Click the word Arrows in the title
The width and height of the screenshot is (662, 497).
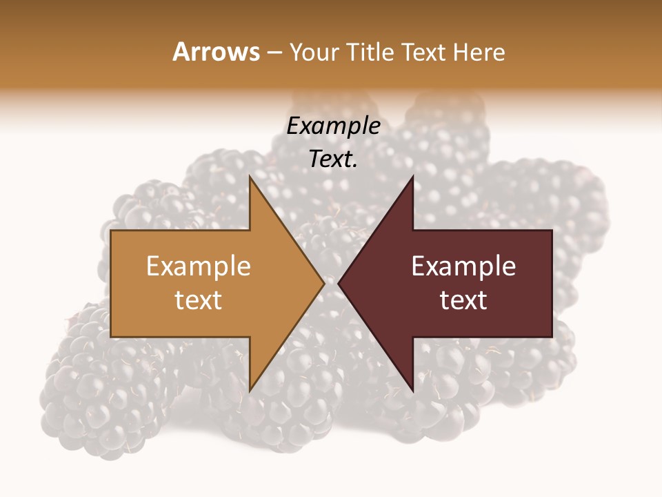[216, 52]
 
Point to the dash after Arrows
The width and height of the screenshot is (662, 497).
[274, 52]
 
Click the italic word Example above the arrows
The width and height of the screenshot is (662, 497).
[333, 126]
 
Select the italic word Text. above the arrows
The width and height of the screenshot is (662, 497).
[333, 159]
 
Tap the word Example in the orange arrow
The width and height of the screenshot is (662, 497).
[199, 266]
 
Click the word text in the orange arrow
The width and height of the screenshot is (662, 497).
[199, 300]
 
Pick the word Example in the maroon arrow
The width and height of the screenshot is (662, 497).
[463, 266]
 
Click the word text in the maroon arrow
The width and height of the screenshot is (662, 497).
[463, 300]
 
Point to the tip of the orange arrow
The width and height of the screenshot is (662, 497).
[323, 283]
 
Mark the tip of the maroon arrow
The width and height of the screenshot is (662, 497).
[339, 283]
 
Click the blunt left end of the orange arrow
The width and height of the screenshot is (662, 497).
[112, 283]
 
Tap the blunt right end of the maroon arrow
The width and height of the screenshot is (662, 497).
[551, 283]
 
